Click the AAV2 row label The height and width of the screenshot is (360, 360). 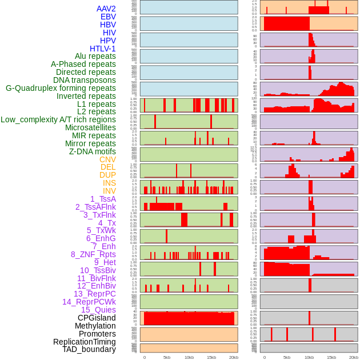click(106, 9)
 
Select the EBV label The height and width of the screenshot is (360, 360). click(108, 17)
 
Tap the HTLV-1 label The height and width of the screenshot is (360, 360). click(102, 49)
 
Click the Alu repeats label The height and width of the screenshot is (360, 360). click(95, 56)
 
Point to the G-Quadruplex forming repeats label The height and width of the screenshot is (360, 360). click(61, 88)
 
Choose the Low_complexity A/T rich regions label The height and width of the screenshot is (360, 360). click(58, 119)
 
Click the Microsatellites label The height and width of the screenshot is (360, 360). click(90, 127)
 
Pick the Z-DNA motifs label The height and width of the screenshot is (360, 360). click(93, 151)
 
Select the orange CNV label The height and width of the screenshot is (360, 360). click(107, 159)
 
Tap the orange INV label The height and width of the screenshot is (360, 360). click(109, 191)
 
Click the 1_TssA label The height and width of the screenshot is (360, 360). click(103, 199)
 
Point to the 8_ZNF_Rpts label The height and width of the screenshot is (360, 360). click(93, 254)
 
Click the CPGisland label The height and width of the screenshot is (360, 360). click(97, 318)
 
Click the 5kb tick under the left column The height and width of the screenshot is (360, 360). click(167, 357)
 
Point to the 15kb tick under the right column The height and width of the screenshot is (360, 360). click(331, 357)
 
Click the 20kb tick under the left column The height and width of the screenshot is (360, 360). click(234, 357)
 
